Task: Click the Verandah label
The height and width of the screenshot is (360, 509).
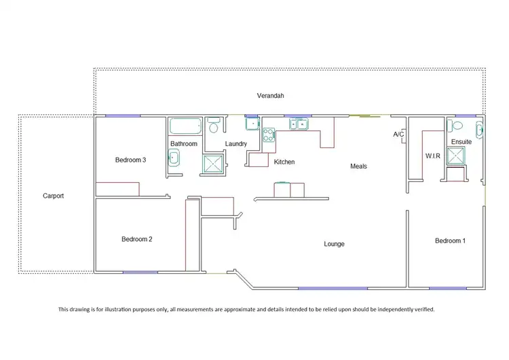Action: click(x=269, y=96)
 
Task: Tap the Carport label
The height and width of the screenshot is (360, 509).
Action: click(x=54, y=196)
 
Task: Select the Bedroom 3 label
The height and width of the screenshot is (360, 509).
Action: click(x=131, y=160)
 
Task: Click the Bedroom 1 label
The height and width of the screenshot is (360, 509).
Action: click(x=450, y=241)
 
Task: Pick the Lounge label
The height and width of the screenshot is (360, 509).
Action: click(x=334, y=244)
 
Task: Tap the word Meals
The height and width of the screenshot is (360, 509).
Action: click(x=358, y=166)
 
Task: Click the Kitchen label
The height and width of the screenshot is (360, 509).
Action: click(x=284, y=162)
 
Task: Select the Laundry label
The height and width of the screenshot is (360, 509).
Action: click(x=235, y=144)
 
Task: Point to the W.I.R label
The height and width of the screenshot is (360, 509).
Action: click(x=433, y=156)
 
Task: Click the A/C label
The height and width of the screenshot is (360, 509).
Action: click(x=398, y=134)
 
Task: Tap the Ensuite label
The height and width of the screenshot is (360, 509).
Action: click(x=461, y=142)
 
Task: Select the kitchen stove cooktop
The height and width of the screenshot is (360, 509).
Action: click(x=268, y=134)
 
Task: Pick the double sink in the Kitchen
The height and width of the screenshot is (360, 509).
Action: click(x=297, y=124)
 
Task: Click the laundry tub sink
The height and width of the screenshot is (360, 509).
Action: click(x=252, y=124)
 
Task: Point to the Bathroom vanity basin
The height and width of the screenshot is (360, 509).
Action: click(x=173, y=158)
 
